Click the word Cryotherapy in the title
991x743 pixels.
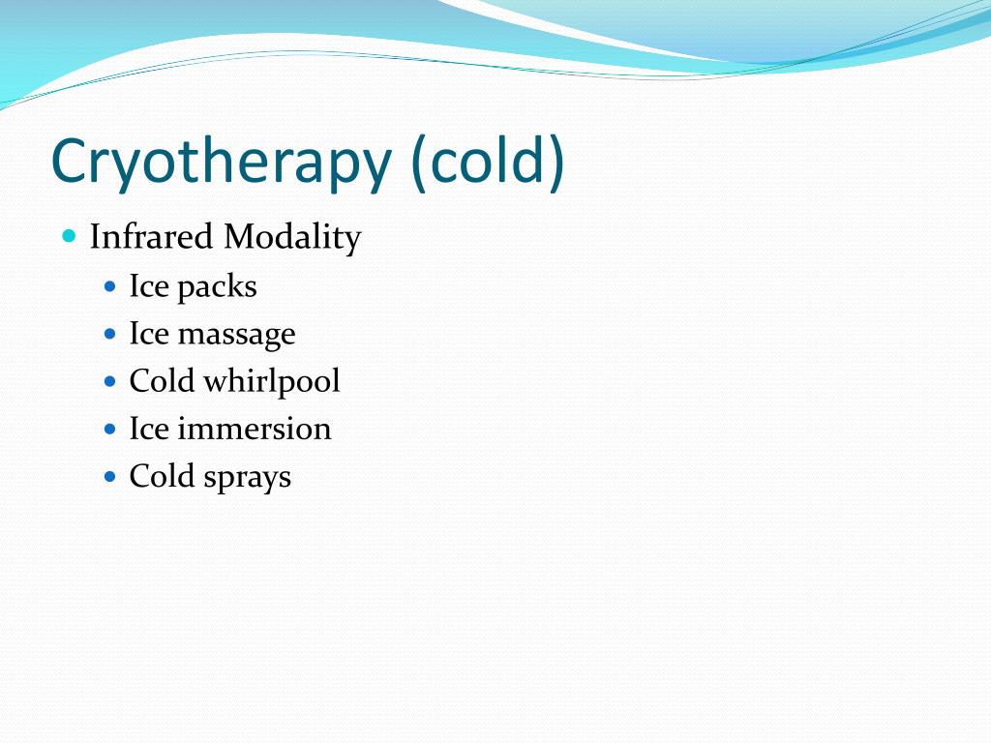(x=219, y=162)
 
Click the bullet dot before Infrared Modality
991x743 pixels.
(x=68, y=235)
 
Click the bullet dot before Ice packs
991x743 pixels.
(x=109, y=286)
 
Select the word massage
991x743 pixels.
(x=237, y=335)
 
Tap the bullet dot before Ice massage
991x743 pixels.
(x=109, y=334)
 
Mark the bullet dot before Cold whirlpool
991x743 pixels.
(x=109, y=381)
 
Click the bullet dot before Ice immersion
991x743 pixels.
(x=109, y=429)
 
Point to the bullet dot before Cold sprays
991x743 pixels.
(x=109, y=476)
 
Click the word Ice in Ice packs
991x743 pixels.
(x=149, y=286)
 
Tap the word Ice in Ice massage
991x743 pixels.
(x=149, y=334)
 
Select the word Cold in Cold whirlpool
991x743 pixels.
(x=163, y=381)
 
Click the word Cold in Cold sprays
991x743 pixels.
(x=163, y=476)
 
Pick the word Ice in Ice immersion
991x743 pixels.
(x=149, y=429)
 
